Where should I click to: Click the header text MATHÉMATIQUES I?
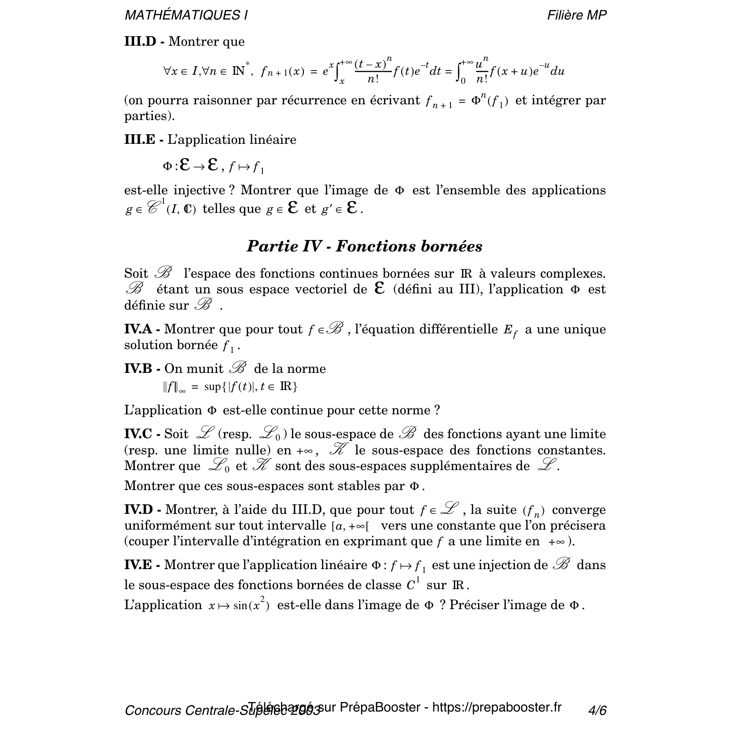click(186, 15)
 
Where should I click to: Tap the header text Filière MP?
click(577, 15)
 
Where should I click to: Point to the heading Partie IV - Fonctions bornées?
click(364, 246)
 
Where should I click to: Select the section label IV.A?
click(138, 329)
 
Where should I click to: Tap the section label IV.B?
click(138, 369)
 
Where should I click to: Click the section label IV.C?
click(138, 434)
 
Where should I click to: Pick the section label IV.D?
click(139, 510)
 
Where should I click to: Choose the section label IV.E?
click(138, 565)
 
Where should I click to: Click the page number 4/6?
click(597, 711)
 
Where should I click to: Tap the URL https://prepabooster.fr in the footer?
click(497, 707)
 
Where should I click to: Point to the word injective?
click(199, 190)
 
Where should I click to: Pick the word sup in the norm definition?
click(212, 386)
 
